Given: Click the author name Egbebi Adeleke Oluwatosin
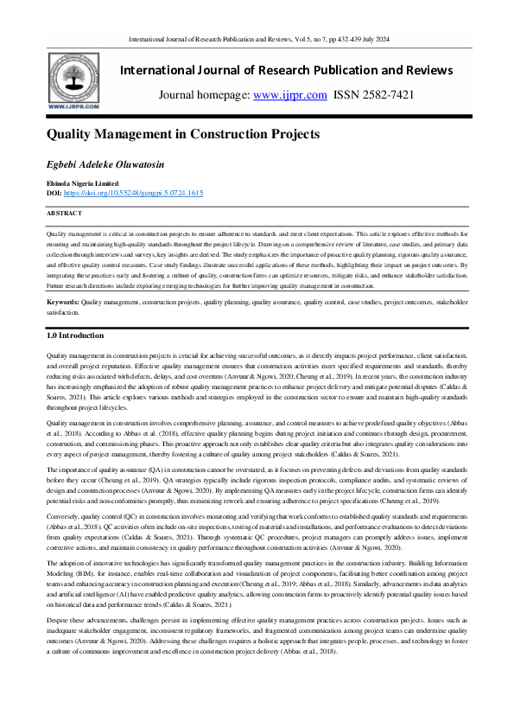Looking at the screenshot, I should [105, 165].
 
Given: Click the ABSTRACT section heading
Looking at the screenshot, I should [64, 212].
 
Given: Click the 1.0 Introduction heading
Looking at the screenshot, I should [74, 335].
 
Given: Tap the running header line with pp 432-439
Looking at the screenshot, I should [257, 39].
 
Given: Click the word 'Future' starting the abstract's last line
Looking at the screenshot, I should [56, 284].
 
